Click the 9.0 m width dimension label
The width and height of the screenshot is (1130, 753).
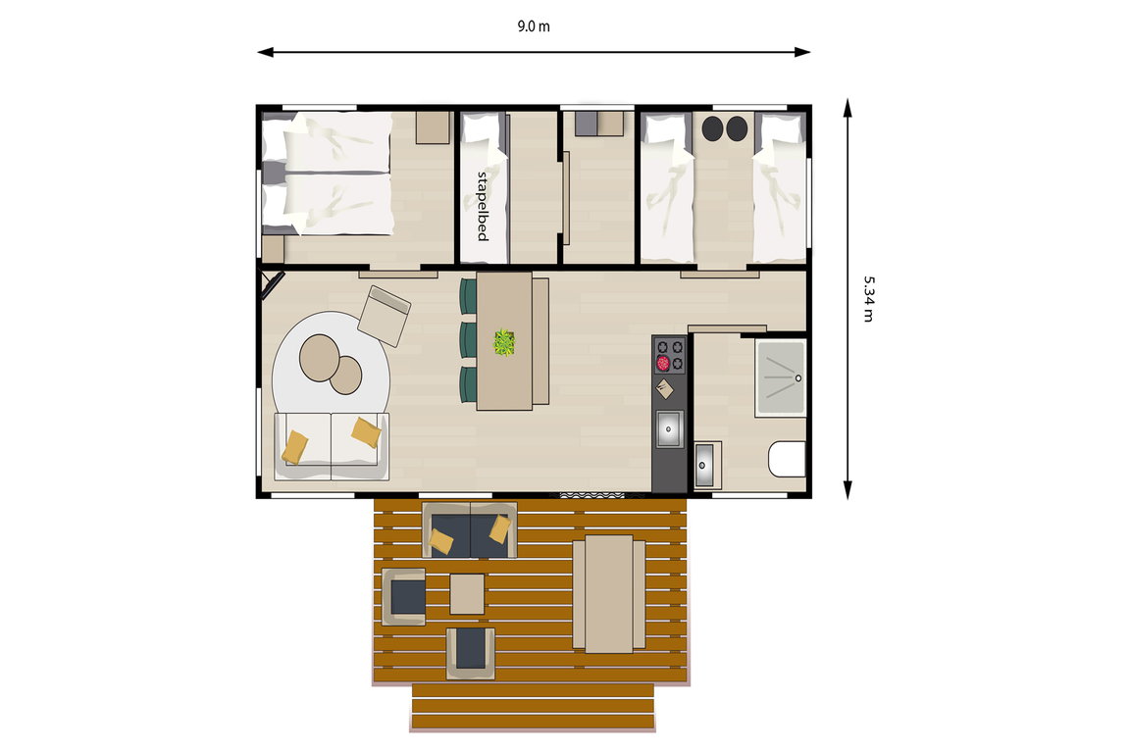534,26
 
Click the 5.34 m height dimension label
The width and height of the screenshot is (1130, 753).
869,298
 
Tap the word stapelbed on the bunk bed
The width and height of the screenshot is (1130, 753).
483,205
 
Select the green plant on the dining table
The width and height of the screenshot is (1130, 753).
504,342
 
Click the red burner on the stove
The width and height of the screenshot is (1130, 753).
663,363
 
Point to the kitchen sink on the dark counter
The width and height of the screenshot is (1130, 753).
669,428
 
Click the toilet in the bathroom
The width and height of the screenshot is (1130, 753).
787,459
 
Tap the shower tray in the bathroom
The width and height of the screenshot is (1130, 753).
781,377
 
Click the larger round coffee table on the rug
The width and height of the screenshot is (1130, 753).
319,358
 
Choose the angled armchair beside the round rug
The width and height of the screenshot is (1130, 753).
385,316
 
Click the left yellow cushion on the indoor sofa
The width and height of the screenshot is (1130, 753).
294,447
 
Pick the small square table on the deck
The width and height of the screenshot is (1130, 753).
467,594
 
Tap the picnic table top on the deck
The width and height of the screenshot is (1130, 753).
609,594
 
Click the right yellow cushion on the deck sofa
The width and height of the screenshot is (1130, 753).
500,528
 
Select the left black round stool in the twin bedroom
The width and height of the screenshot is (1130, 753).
713,128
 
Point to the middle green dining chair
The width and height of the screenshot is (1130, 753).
469,338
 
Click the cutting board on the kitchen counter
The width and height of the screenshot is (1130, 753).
664,389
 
